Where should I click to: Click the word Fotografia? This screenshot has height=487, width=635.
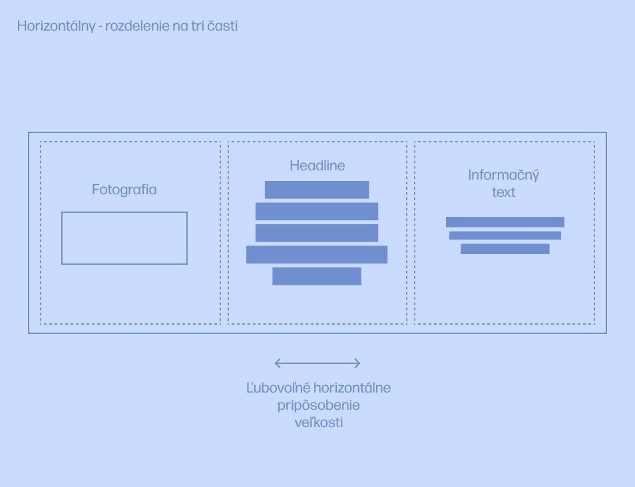coord(124,190)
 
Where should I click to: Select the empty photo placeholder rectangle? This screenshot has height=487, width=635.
coord(124,238)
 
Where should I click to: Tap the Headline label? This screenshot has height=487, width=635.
coord(317,166)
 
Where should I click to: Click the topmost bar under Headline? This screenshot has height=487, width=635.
coord(317,190)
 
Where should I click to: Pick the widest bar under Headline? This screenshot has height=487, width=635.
coord(317,255)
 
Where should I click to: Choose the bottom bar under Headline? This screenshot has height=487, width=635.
coord(317,276)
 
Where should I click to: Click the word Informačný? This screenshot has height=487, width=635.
coord(504,176)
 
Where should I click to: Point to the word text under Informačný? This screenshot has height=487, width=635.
coord(504,192)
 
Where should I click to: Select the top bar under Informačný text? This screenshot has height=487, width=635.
coord(505,222)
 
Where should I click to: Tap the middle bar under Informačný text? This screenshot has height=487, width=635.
coord(505,236)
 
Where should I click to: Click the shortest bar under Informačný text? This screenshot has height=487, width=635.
coord(505,249)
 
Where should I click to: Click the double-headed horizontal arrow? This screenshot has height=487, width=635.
coord(317,363)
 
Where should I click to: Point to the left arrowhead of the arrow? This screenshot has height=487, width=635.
coord(278,363)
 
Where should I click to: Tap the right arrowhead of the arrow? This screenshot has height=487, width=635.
coord(357,363)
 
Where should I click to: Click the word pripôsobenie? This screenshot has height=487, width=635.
coord(319,405)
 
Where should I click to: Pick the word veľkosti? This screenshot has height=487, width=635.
coord(319,422)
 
